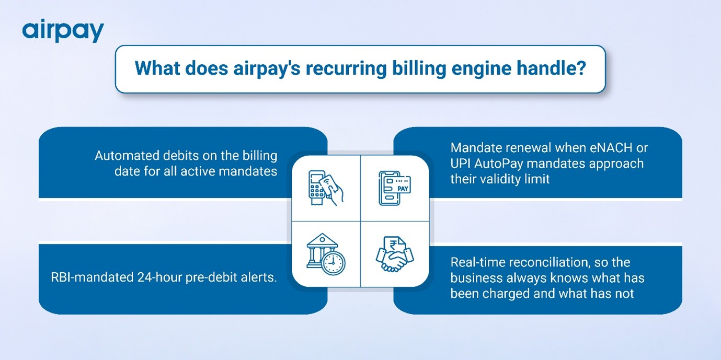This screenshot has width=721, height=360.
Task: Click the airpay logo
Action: click(x=63, y=31)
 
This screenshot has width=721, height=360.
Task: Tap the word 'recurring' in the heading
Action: click(x=346, y=68)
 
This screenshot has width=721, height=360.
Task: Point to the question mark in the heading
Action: click(x=581, y=68)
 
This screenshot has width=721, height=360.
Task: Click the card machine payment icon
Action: click(x=326, y=188)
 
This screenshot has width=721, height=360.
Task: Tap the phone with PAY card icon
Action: click(x=395, y=188)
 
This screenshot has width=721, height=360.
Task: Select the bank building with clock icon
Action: click(x=326, y=254)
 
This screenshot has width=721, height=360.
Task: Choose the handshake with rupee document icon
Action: click(x=395, y=254)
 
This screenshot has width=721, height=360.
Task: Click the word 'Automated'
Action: click(x=127, y=156)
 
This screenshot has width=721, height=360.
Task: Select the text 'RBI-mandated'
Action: click(x=92, y=277)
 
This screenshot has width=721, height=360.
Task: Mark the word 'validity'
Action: click(x=501, y=179)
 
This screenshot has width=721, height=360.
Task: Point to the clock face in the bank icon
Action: click(x=333, y=263)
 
